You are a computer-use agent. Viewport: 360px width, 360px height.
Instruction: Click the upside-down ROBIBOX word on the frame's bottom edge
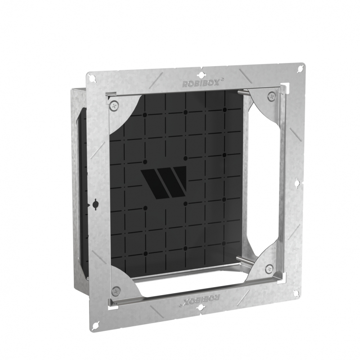tap(200, 300)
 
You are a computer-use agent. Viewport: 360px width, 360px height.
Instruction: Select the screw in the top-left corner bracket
tap(114, 105)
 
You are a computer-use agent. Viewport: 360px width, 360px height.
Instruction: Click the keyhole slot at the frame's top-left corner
tap(94, 78)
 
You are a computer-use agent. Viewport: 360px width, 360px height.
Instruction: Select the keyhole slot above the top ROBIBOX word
tap(201, 75)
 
